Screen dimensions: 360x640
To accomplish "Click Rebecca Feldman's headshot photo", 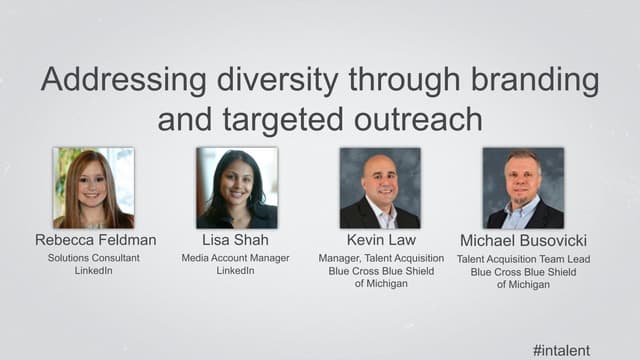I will pos(94,188).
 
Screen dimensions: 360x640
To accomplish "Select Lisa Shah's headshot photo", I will pos(237,188).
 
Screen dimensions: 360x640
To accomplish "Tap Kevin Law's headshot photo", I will pos(380,188).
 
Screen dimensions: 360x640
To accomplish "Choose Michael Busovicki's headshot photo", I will pos(523,188).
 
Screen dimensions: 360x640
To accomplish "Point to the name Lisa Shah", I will pos(237,241).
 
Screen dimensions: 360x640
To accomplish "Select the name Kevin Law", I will pos(380,241).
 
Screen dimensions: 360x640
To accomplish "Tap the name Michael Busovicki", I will pos(522,241).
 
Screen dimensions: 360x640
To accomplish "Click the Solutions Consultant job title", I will pos(94,258).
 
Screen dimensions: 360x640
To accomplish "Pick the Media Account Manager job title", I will pos(237,258).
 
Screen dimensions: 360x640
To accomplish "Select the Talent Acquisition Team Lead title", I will pos(522,258).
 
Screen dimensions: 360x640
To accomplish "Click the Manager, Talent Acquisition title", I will pos(380,258).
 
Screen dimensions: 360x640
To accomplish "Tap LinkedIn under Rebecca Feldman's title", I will pos(94,271).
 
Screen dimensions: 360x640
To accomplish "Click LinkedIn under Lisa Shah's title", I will pos(237,271).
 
